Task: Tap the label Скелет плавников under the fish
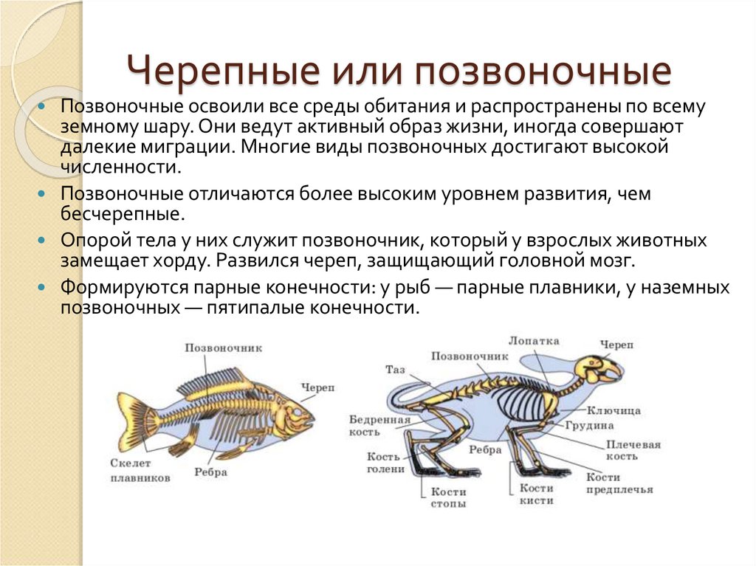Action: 140,470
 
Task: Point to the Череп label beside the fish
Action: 317,387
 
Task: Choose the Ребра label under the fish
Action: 210,472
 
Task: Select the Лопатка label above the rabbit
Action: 534,341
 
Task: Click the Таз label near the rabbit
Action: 394,369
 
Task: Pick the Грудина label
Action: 590,426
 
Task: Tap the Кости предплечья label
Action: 619,483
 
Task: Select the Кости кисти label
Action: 536,494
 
